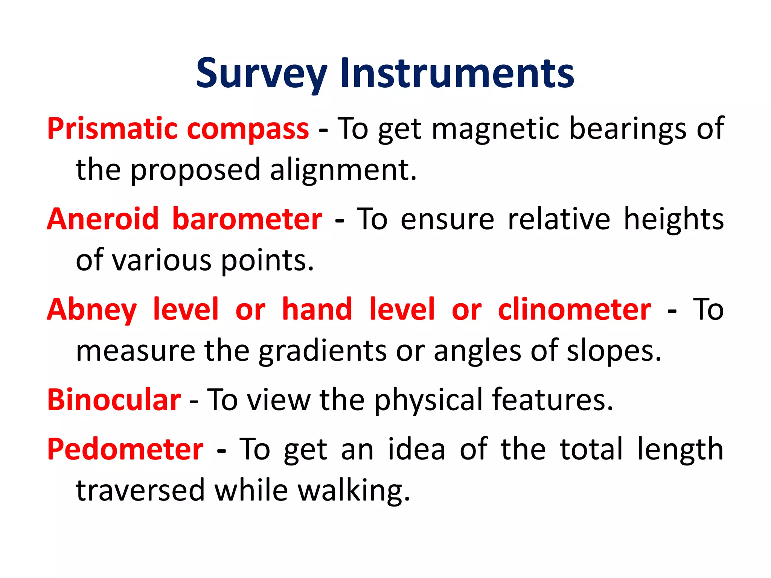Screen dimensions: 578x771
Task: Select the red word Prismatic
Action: pyautogui.click(x=112, y=129)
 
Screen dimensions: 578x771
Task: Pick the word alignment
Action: pyautogui.click(x=343, y=170)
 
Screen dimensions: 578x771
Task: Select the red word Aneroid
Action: pyautogui.click(x=103, y=219)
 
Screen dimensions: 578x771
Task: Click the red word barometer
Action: pyautogui.click(x=247, y=219)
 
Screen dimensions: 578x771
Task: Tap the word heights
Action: pyautogui.click(x=673, y=219)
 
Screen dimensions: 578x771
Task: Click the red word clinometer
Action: pyautogui.click(x=574, y=309)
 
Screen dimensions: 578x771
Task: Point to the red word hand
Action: pyautogui.click(x=317, y=309)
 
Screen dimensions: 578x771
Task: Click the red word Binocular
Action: pyautogui.click(x=114, y=400)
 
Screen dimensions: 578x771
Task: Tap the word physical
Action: pyautogui.click(x=428, y=400)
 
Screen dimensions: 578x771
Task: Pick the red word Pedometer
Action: pyautogui.click(x=125, y=449)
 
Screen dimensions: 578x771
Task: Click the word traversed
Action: pyautogui.click(x=140, y=491)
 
